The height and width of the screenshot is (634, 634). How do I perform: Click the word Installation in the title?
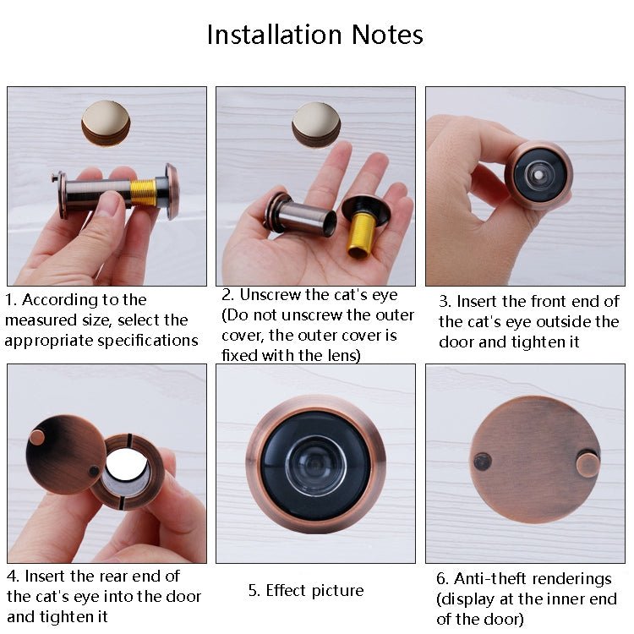click(x=265, y=35)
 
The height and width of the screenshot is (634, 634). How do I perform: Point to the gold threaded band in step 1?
click(x=143, y=193)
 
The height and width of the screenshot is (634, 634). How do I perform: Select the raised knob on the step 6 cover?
click(x=588, y=463)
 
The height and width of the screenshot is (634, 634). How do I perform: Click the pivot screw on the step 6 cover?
click(x=482, y=462)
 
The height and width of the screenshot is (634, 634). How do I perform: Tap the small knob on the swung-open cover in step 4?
click(x=37, y=437)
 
